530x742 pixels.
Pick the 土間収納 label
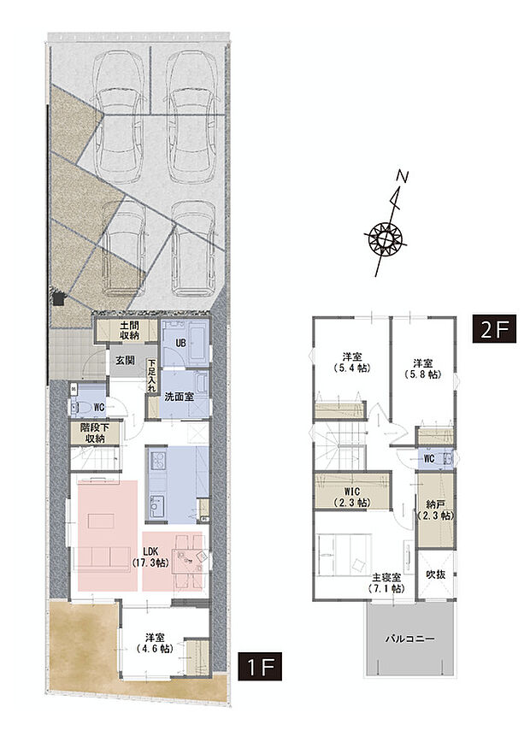(129, 331)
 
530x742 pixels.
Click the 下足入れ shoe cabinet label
(152, 375)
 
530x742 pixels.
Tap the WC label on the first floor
(98, 408)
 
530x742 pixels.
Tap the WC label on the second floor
(430, 458)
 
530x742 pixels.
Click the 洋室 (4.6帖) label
(155, 643)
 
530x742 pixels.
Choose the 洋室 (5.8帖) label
(421, 368)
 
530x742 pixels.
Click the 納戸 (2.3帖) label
(434, 511)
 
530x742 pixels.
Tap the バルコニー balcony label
(409, 639)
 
